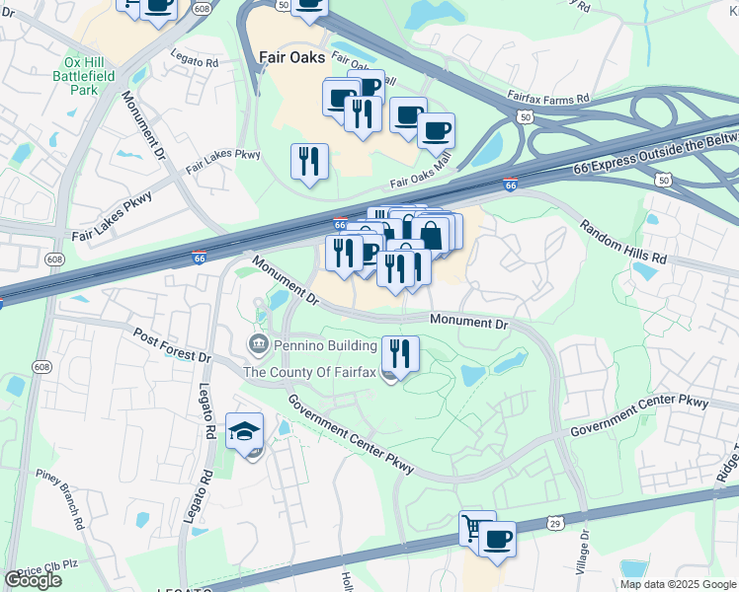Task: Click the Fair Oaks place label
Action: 291,57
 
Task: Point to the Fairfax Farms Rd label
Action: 548,99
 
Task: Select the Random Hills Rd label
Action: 623,242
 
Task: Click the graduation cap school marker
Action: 244,431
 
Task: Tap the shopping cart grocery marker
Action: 475,530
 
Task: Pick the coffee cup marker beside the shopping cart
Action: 498,539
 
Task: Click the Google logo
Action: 33,580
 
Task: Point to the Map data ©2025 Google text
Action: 678,584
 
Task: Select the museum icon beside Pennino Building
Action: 258,345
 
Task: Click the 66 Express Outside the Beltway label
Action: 653,153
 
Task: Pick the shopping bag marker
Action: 432,235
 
